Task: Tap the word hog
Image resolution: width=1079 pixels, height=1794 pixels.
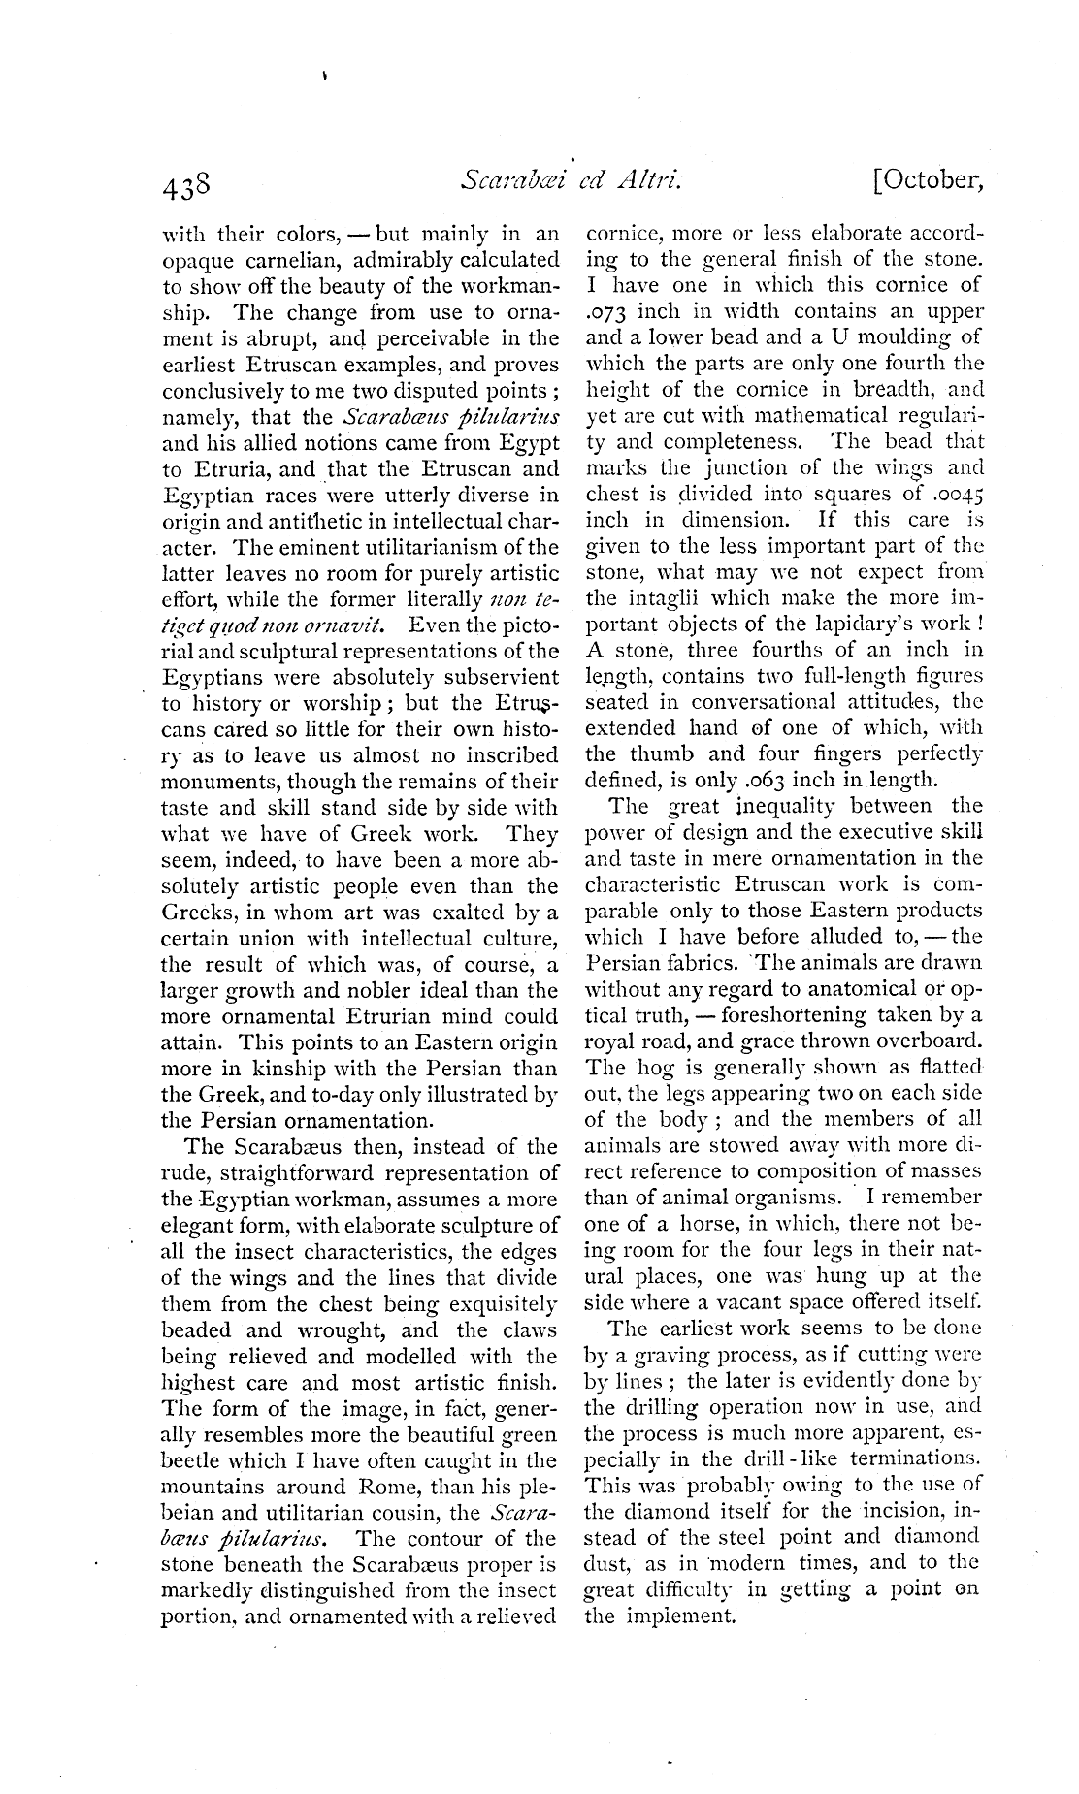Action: click(650, 1068)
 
